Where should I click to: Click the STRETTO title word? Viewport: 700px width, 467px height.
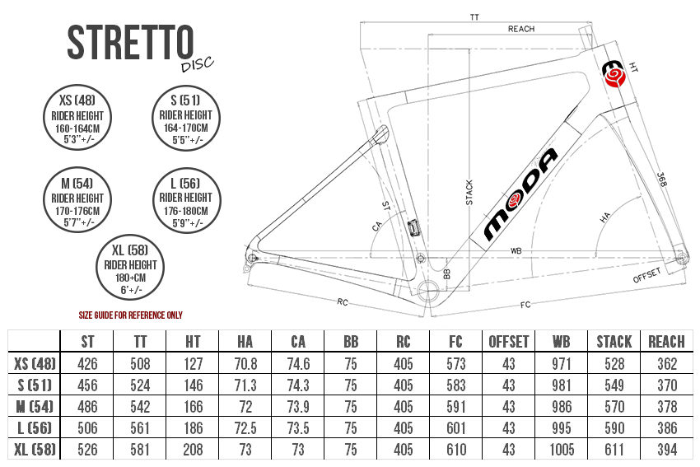pos(130,42)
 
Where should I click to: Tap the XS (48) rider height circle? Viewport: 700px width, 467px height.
pos(77,116)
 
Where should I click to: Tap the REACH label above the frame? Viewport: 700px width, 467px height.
pos(520,29)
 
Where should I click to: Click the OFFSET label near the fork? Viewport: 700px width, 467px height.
pos(648,276)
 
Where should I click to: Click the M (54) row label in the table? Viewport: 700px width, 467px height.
pos(34,407)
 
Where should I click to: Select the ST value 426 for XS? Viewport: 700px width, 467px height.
pos(86,363)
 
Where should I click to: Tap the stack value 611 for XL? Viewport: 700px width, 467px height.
pos(614,450)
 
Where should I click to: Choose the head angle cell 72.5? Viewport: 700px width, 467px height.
pos(245,428)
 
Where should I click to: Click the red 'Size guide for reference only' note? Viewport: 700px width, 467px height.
pos(130,315)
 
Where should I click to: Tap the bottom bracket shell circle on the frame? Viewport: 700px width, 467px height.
pos(429,291)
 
